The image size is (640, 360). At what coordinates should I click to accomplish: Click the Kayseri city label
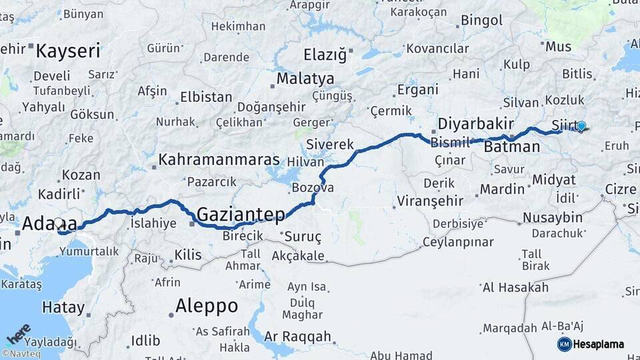pyautogui.click(x=68, y=51)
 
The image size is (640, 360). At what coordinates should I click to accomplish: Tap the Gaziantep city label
pyautogui.click(x=241, y=214)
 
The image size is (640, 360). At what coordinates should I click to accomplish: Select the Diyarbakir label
pyautogui.click(x=475, y=123)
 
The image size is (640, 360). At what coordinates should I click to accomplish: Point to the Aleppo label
pyautogui.click(x=207, y=306)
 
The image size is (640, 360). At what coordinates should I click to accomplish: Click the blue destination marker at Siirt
pyautogui.click(x=581, y=125)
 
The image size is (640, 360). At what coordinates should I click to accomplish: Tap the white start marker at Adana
pyautogui.click(x=58, y=223)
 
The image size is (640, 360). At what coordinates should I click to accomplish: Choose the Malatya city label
pyautogui.click(x=305, y=78)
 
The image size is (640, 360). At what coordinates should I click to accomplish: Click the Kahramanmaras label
pyautogui.click(x=219, y=161)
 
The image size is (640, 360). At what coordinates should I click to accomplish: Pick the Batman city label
pyautogui.click(x=512, y=147)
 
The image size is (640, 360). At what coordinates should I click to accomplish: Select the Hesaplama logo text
pyautogui.click(x=599, y=344)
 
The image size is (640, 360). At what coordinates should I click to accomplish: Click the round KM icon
pyautogui.click(x=564, y=344)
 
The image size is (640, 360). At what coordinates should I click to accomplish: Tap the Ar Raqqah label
pyautogui.click(x=297, y=337)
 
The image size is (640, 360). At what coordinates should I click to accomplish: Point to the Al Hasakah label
pyautogui.click(x=515, y=287)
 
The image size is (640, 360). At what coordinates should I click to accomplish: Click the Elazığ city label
pyautogui.click(x=325, y=55)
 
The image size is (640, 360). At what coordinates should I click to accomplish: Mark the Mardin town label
pyautogui.click(x=502, y=189)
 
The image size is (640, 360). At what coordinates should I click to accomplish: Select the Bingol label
pyautogui.click(x=481, y=21)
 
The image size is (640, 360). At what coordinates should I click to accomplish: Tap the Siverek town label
pyautogui.click(x=330, y=144)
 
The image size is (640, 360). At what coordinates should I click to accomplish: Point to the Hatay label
pyautogui.click(x=63, y=308)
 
